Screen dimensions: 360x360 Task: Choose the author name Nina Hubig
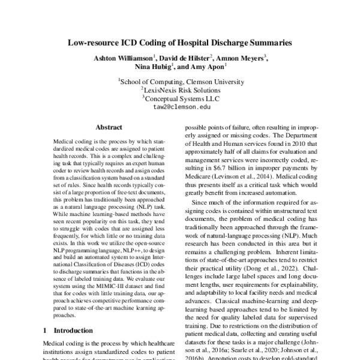[x=154, y=68]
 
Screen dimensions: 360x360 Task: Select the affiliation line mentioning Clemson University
[x=180, y=80]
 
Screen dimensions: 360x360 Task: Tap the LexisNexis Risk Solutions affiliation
[x=180, y=89]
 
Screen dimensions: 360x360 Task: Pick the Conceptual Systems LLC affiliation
[x=180, y=98]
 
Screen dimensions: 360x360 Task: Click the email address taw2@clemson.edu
[x=180, y=107]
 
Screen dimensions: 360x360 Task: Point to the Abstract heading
[x=109, y=128]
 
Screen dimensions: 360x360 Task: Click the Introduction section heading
[x=74, y=330]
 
